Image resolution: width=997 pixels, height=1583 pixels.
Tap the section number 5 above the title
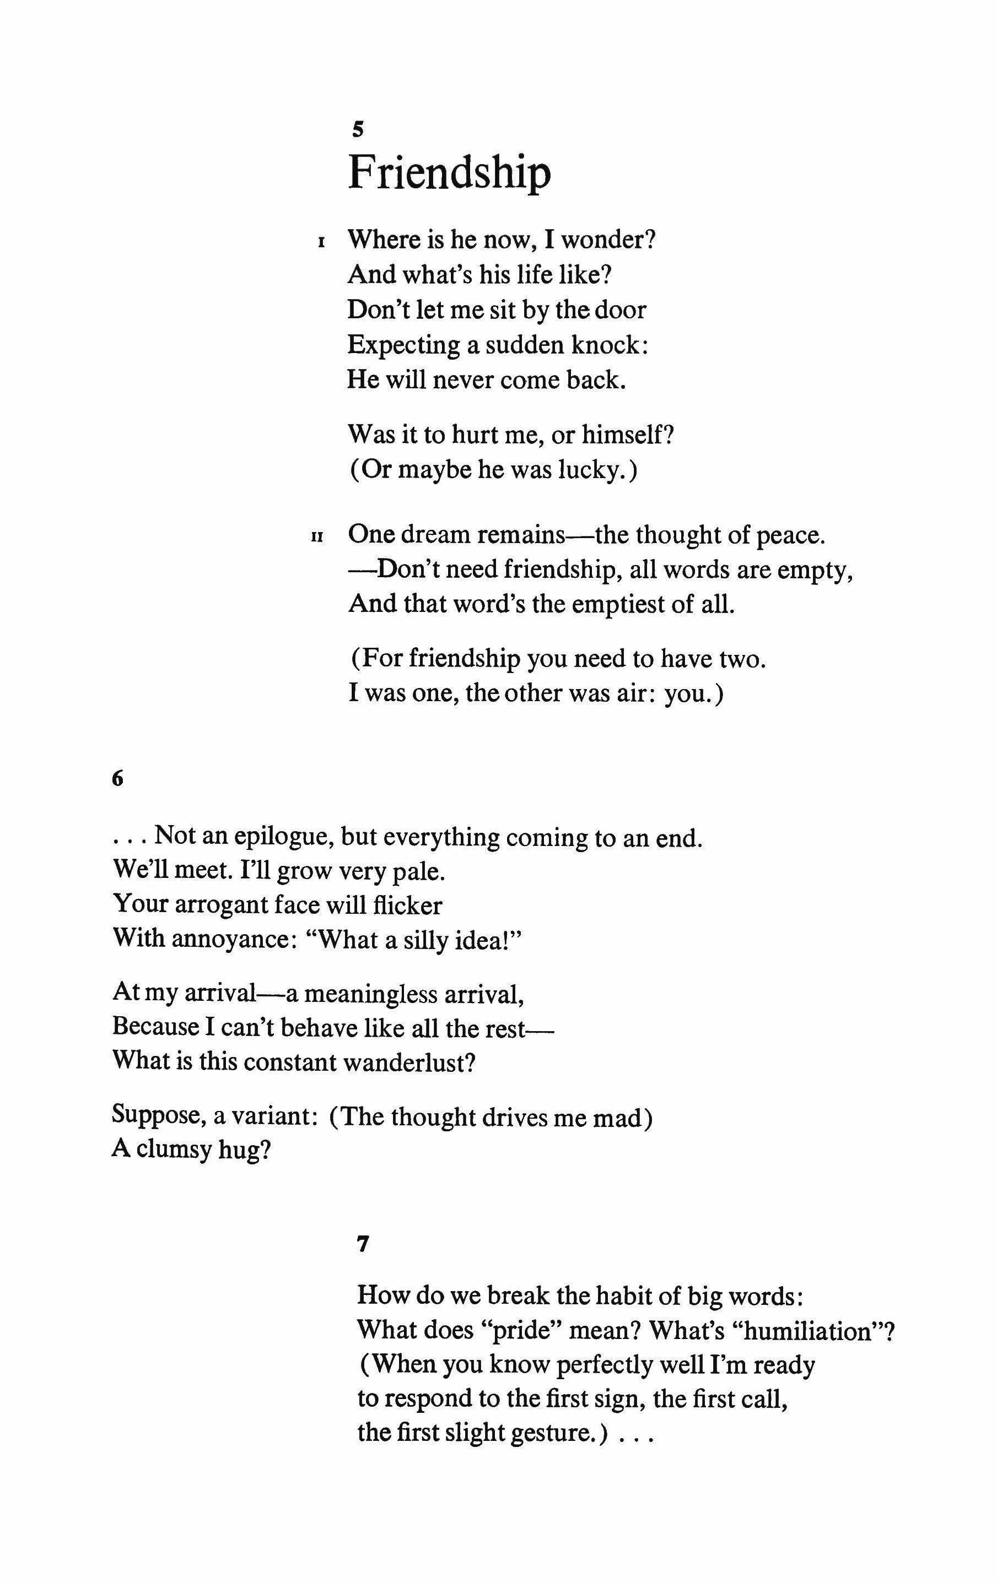click(x=358, y=129)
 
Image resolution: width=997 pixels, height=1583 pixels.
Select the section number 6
click(x=118, y=778)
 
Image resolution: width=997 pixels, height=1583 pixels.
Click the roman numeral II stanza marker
click(x=317, y=537)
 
